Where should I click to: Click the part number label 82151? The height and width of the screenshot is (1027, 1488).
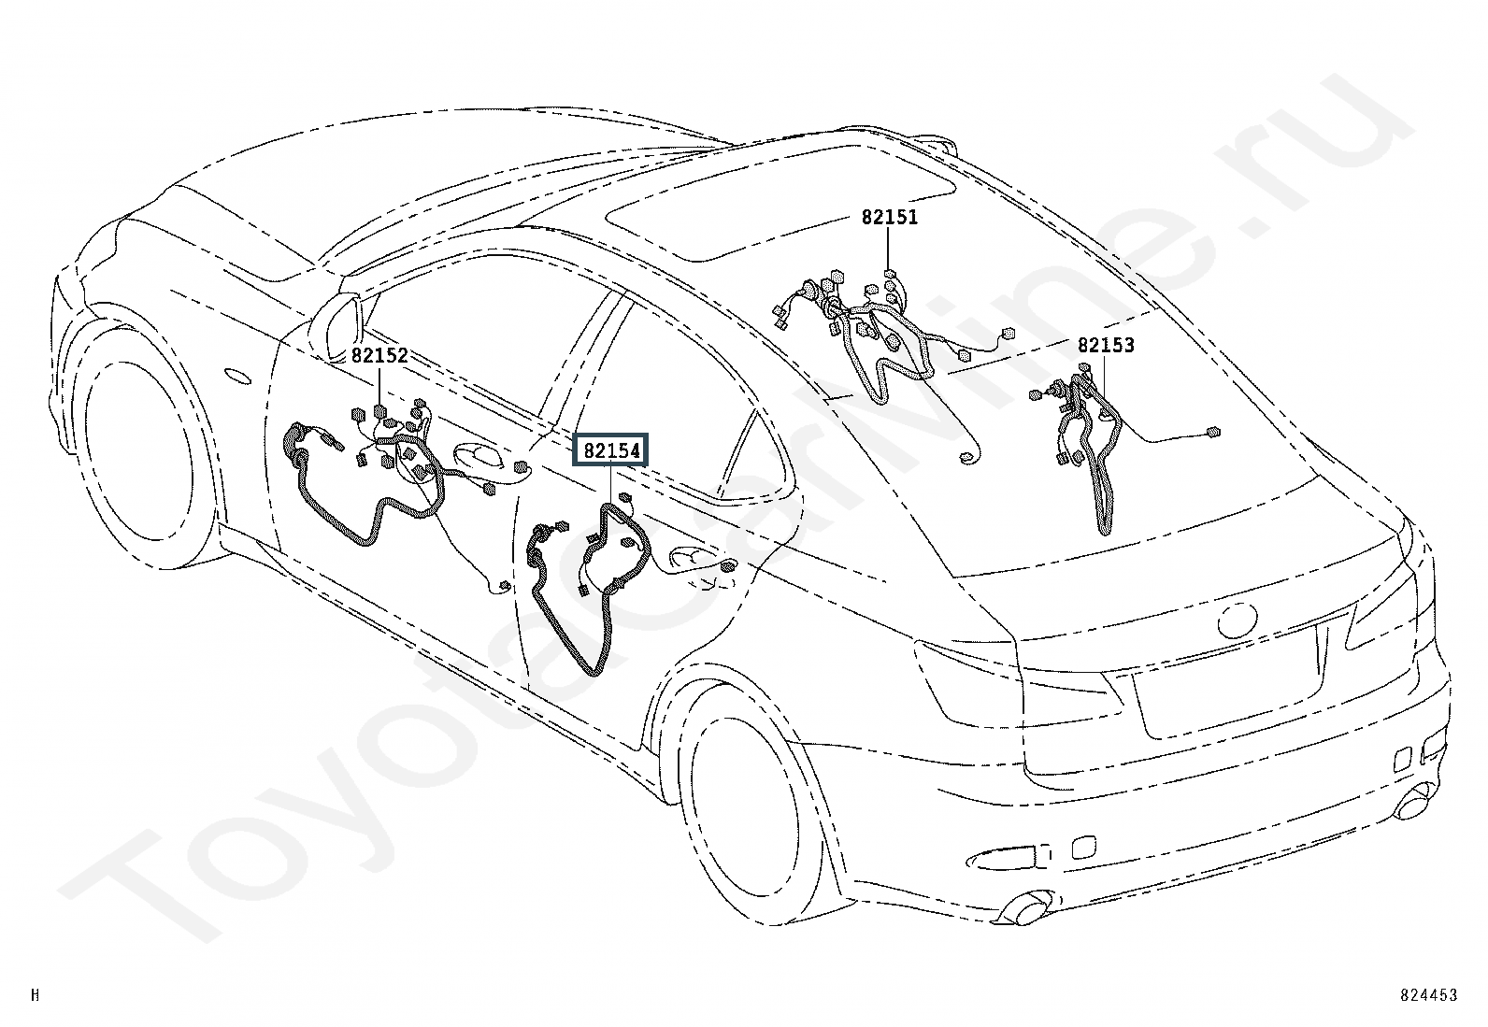tap(890, 217)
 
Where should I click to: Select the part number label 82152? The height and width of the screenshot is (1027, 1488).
tap(379, 356)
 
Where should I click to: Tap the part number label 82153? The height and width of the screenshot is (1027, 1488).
tap(1106, 346)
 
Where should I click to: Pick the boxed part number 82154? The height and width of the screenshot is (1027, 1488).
tap(611, 451)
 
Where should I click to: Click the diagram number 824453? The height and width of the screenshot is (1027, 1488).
tap(1429, 994)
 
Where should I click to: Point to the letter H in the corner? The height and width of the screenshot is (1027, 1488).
tap(36, 994)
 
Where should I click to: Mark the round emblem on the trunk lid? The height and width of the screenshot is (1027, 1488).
tap(1237, 620)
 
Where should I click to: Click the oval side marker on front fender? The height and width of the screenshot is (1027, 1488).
tap(238, 377)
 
